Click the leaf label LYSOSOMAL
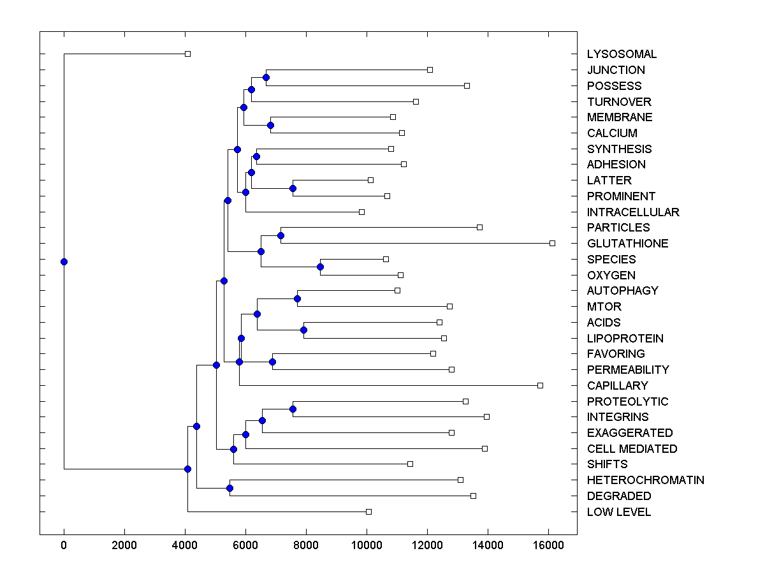click(x=622, y=54)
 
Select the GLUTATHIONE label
click(x=627, y=244)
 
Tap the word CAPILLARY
click(x=617, y=385)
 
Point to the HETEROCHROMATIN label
click(x=645, y=480)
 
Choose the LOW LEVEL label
click(x=619, y=512)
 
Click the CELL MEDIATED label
click(x=632, y=449)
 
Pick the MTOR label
click(x=604, y=307)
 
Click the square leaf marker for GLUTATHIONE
click(x=552, y=243)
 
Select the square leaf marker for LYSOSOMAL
click(x=187, y=54)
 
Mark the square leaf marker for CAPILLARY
click(x=540, y=385)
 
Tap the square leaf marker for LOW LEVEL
click(x=368, y=511)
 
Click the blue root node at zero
click(x=64, y=261)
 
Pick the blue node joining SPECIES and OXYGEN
click(x=321, y=267)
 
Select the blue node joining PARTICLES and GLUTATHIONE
click(x=280, y=235)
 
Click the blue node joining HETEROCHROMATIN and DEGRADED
click(x=229, y=488)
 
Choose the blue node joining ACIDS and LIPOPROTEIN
click(x=303, y=330)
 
